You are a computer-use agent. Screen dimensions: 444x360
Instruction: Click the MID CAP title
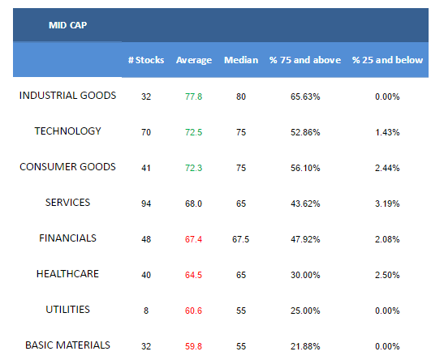pos(67,25)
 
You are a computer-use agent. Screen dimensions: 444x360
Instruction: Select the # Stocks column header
pos(146,60)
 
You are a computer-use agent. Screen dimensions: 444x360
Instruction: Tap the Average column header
pos(194,60)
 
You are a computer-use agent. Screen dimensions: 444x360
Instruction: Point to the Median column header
pos(241,60)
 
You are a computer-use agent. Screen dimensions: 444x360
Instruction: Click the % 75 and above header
pos(305,60)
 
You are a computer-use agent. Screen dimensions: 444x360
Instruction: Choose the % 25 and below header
pos(387,60)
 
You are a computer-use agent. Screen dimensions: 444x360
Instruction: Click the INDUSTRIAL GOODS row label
pos(67,96)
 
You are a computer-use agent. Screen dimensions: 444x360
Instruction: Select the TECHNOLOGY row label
pos(67,131)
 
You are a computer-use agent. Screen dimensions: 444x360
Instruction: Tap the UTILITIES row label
pos(67,310)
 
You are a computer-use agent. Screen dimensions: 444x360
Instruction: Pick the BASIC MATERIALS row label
pos(67,345)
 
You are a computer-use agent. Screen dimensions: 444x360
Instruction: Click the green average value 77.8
pos(194,96)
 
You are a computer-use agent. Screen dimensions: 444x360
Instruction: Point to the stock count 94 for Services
pos(146,204)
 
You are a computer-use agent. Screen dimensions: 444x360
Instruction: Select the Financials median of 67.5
pos(241,239)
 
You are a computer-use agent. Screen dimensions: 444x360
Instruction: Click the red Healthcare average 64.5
pos(194,275)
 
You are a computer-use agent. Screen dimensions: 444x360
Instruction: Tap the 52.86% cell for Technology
pos(305,132)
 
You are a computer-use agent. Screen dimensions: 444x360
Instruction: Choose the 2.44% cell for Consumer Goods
pos(387,168)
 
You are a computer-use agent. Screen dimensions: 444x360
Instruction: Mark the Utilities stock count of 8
pos(146,311)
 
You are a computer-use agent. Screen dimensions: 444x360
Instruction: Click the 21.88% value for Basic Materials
pos(305,346)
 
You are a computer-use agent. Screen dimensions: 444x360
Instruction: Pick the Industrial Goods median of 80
pos(241,96)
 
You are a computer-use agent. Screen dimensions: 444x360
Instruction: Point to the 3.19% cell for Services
pos(387,204)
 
